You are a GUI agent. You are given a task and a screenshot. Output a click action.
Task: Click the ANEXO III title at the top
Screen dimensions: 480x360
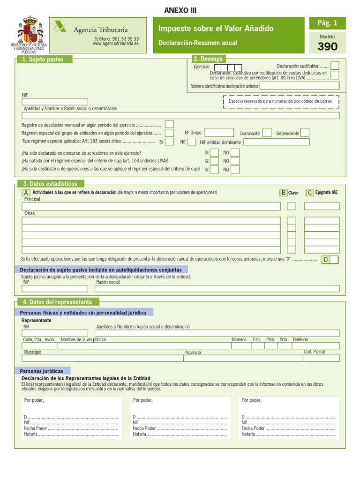pyautogui.click(x=177, y=11)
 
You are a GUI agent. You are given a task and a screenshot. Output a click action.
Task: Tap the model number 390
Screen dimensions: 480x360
pyautogui.click(x=327, y=46)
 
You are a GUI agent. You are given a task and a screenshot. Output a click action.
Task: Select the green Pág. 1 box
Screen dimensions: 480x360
pyautogui.click(x=327, y=23)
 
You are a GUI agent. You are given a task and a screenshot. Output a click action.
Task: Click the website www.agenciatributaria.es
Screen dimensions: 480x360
pyautogui.click(x=116, y=44)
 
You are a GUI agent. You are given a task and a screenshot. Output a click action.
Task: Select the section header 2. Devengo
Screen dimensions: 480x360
pyautogui.click(x=208, y=59)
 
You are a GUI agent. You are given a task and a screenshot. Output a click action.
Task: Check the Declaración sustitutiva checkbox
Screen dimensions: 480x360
pyautogui.click(x=335, y=66)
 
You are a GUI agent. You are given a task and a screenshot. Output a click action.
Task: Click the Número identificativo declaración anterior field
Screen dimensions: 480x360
pyautogui.click(x=299, y=86)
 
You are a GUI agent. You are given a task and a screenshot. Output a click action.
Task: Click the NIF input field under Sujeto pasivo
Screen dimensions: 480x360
pyautogui.click(x=55, y=102)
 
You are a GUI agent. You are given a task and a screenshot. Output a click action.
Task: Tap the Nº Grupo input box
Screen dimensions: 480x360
pyautogui.click(x=219, y=133)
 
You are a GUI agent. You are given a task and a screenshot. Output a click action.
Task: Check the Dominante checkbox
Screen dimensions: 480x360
pyautogui.click(x=267, y=133)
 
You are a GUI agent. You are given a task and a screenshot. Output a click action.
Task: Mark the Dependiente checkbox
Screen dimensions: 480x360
pyautogui.click(x=305, y=133)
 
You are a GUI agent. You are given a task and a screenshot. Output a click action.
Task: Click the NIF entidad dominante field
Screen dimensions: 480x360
pyautogui.click(x=277, y=142)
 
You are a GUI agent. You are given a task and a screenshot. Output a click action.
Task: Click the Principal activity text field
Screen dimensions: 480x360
pyautogui.click(x=151, y=206)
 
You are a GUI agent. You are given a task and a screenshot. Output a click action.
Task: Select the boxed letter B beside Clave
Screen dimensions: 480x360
pyautogui.click(x=283, y=193)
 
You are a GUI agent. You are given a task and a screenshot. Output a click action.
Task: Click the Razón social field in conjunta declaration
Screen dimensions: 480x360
pyautogui.click(x=217, y=289)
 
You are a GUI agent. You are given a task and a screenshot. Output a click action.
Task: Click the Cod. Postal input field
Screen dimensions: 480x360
pyautogui.click(x=321, y=359)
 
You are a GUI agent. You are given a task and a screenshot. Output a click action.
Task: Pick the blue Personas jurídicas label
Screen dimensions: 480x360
pyautogui.click(x=43, y=371)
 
